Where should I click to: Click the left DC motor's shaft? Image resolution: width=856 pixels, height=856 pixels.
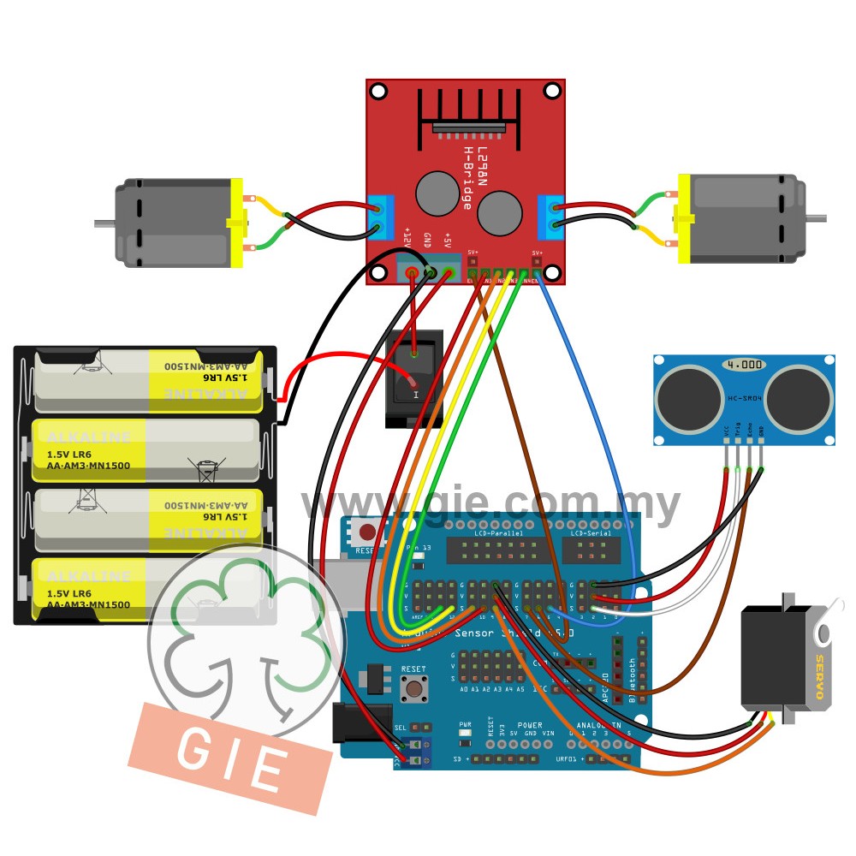[104, 223]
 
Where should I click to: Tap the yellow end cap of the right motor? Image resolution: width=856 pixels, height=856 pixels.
[684, 219]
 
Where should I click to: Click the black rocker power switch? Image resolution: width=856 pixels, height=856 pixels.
[414, 379]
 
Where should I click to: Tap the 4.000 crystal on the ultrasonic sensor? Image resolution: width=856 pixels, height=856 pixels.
[743, 364]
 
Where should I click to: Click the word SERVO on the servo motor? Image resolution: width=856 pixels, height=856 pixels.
[818, 676]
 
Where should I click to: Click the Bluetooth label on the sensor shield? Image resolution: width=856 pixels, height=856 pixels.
[633, 681]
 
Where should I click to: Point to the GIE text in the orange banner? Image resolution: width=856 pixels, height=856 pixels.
[229, 758]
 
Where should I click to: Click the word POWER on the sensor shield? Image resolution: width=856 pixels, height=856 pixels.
[530, 725]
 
